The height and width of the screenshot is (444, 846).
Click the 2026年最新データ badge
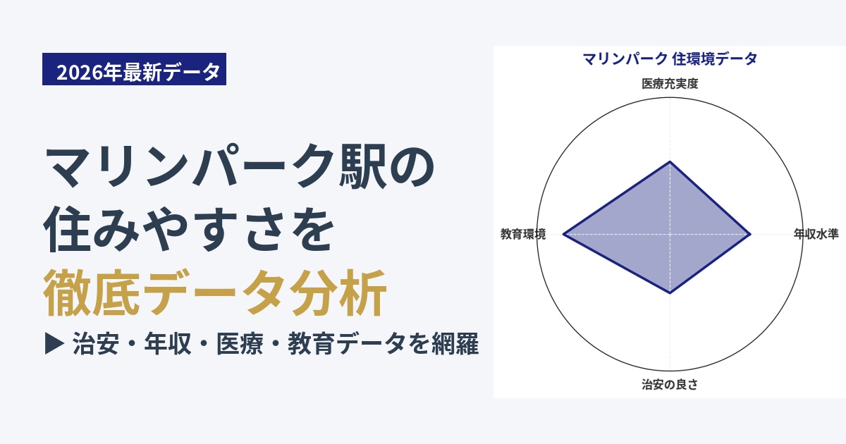tap(134, 69)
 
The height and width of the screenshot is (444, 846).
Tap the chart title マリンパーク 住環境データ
tap(670, 59)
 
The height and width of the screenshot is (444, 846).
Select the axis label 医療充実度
tap(670, 83)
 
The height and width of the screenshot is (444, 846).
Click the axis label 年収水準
tap(816, 234)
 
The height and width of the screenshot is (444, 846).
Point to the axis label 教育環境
tap(523, 234)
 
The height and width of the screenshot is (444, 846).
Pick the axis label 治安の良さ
tap(670, 384)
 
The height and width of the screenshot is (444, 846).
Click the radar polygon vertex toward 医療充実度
tap(670, 161)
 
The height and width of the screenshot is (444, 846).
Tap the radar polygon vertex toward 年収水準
tap(750, 235)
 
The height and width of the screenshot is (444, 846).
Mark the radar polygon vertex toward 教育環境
tap(563, 235)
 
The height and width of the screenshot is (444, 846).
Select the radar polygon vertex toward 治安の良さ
tap(670, 293)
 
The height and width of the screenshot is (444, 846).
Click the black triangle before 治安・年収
tap(55, 343)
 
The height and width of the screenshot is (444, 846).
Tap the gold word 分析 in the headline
tap(338, 292)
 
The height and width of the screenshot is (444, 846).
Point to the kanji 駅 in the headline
tap(362, 166)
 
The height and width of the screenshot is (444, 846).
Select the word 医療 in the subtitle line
tap(240, 344)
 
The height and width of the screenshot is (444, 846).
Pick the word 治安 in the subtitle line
tap(96, 344)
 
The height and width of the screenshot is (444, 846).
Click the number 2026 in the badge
tap(80, 72)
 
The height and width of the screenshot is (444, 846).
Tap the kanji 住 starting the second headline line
tap(68, 229)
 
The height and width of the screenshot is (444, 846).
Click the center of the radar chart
tap(670, 235)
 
